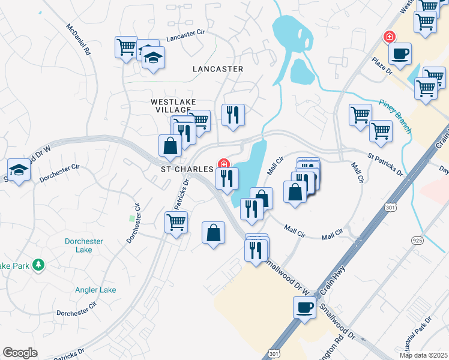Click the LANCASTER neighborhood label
[218, 69]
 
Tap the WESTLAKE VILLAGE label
[173, 106]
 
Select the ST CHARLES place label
[187, 169]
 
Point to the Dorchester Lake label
[84, 246]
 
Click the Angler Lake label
[95, 290]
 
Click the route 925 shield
[417, 240]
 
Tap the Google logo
[20, 353]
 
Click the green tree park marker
[38, 264]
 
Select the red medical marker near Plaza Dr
[390, 37]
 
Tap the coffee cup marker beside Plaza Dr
[400, 53]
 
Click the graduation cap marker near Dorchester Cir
[19, 170]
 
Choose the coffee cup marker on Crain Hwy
[304, 308]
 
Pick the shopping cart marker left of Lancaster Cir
[127, 47]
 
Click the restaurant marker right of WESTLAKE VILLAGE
[233, 114]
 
